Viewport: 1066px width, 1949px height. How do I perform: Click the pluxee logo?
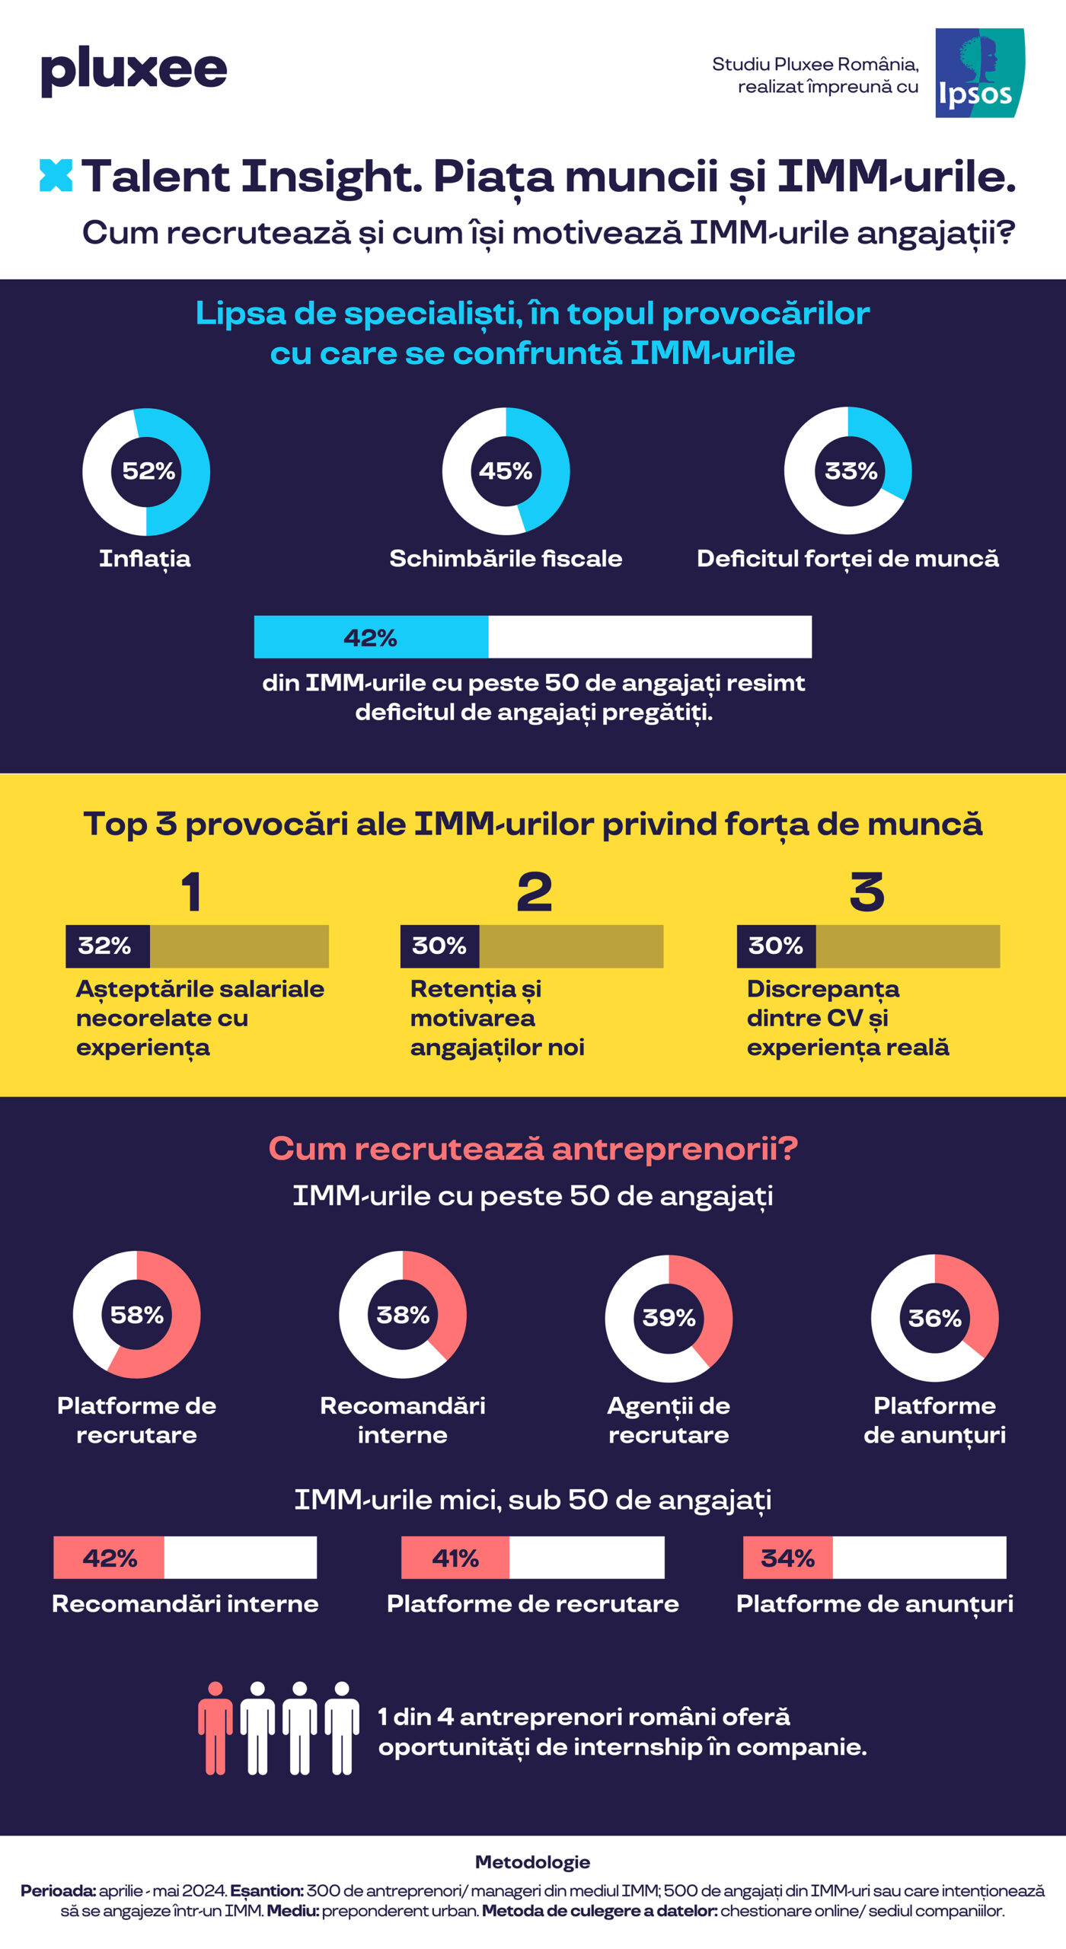pyautogui.click(x=134, y=70)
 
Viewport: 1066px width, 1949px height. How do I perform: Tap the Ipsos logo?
pyautogui.click(x=979, y=73)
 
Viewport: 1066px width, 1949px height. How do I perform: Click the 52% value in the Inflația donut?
pyautogui.click(x=148, y=471)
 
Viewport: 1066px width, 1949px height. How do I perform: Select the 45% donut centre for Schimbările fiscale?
pyautogui.click(x=506, y=471)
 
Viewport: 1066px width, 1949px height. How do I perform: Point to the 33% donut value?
pyautogui.click(x=851, y=471)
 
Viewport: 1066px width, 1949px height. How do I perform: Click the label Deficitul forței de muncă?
pyautogui.click(x=847, y=559)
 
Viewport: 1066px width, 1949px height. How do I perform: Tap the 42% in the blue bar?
pyautogui.click(x=370, y=637)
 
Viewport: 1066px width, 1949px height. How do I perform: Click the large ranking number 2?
pyautogui.click(x=534, y=892)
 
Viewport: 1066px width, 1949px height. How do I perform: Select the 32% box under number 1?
pyautogui.click(x=107, y=946)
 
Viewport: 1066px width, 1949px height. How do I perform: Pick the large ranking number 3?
pyautogui.click(x=867, y=892)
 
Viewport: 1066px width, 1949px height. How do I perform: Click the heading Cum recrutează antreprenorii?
pyautogui.click(x=533, y=1148)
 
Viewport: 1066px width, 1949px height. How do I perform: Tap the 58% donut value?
pyautogui.click(x=137, y=1315)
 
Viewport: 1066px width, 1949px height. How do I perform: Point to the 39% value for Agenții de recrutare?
pyautogui.click(x=669, y=1318)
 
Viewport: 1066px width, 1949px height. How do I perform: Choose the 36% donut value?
pyautogui.click(x=935, y=1318)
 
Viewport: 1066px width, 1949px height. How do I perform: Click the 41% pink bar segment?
pyautogui.click(x=455, y=1558)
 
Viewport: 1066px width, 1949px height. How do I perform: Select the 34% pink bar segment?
pyautogui.click(x=788, y=1558)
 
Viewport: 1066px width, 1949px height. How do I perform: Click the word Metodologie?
pyautogui.click(x=533, y=1862)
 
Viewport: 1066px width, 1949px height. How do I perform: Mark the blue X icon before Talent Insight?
pyautogui.click(x=56, y=176)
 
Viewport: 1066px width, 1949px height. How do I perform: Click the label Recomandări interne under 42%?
pyautogui.click(x=185, y=1604)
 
